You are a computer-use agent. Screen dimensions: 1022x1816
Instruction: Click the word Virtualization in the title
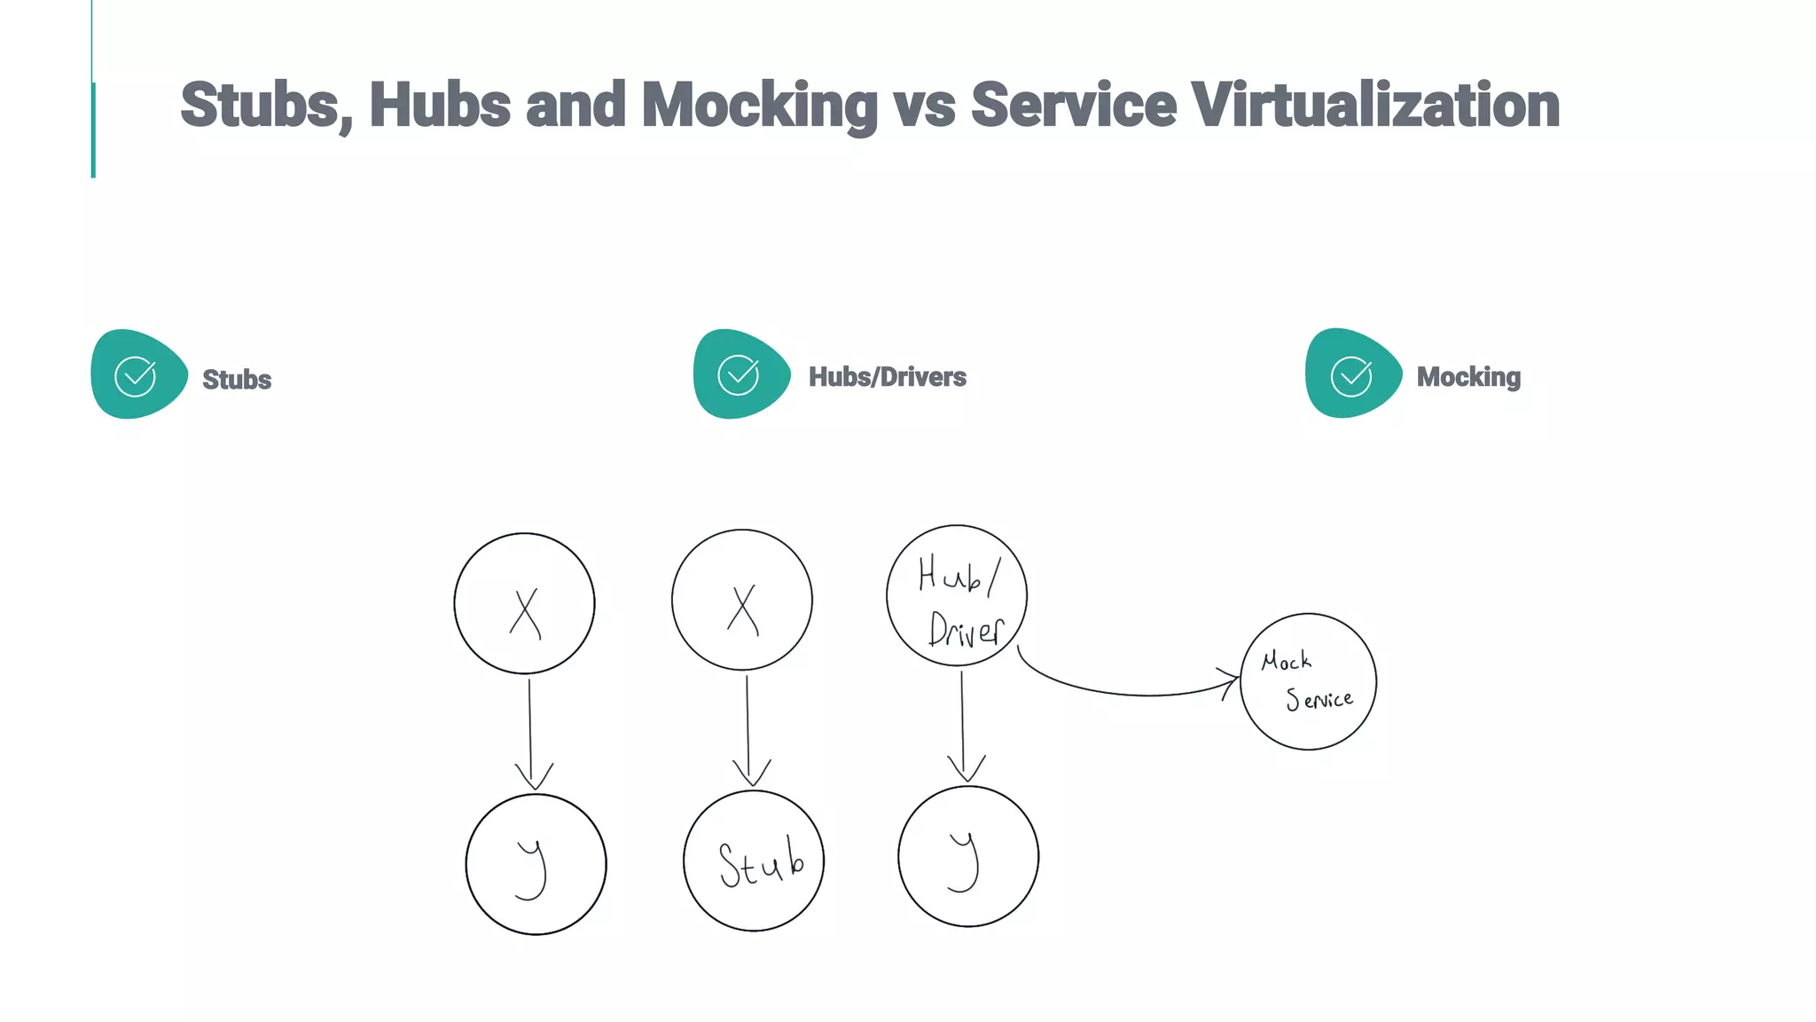click(1374, 105)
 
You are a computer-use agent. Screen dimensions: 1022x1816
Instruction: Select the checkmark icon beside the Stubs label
click(136, 376)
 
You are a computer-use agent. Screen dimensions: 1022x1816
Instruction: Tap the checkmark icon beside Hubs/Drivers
click(738, 375)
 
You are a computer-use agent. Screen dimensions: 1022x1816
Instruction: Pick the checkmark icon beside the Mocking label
click(1351, 376)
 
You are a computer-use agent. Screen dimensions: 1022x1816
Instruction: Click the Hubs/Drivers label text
click(887, 377)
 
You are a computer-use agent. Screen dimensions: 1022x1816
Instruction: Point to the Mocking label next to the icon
click(1468, 377)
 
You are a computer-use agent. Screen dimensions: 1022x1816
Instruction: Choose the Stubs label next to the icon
click(237, 380)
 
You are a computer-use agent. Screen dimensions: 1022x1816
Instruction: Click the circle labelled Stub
click(754, 861)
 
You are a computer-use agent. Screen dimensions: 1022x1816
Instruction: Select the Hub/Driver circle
click(957, 595)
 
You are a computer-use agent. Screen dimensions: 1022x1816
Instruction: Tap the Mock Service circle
click(1308, 681)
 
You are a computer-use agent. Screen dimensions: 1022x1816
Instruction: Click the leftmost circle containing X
click(524, 603)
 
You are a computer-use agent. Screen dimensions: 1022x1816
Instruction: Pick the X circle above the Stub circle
click(741, 600)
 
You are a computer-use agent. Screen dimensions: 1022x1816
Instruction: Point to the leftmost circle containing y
click(536, 864)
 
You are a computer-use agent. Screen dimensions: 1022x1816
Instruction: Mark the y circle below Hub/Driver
click(968, 857)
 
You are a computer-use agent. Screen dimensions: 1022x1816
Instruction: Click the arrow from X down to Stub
click(748, 727)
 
